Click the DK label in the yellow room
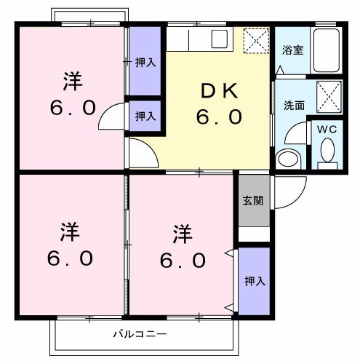click(x=219, y=91)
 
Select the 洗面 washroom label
click(x=294, y=105)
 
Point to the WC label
click(x=327, y=130)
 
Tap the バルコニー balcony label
click(x=140, y=336)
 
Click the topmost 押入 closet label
click(x=145, y=63)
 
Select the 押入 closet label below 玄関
click(x=253, y=280)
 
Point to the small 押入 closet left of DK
click(x=145, y=115)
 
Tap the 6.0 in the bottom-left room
click(x=71, y=258)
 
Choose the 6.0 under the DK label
click(x=219, y=116)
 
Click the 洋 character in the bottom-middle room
click(x=182, y=234)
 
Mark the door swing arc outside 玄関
click(x=285, y=191)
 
